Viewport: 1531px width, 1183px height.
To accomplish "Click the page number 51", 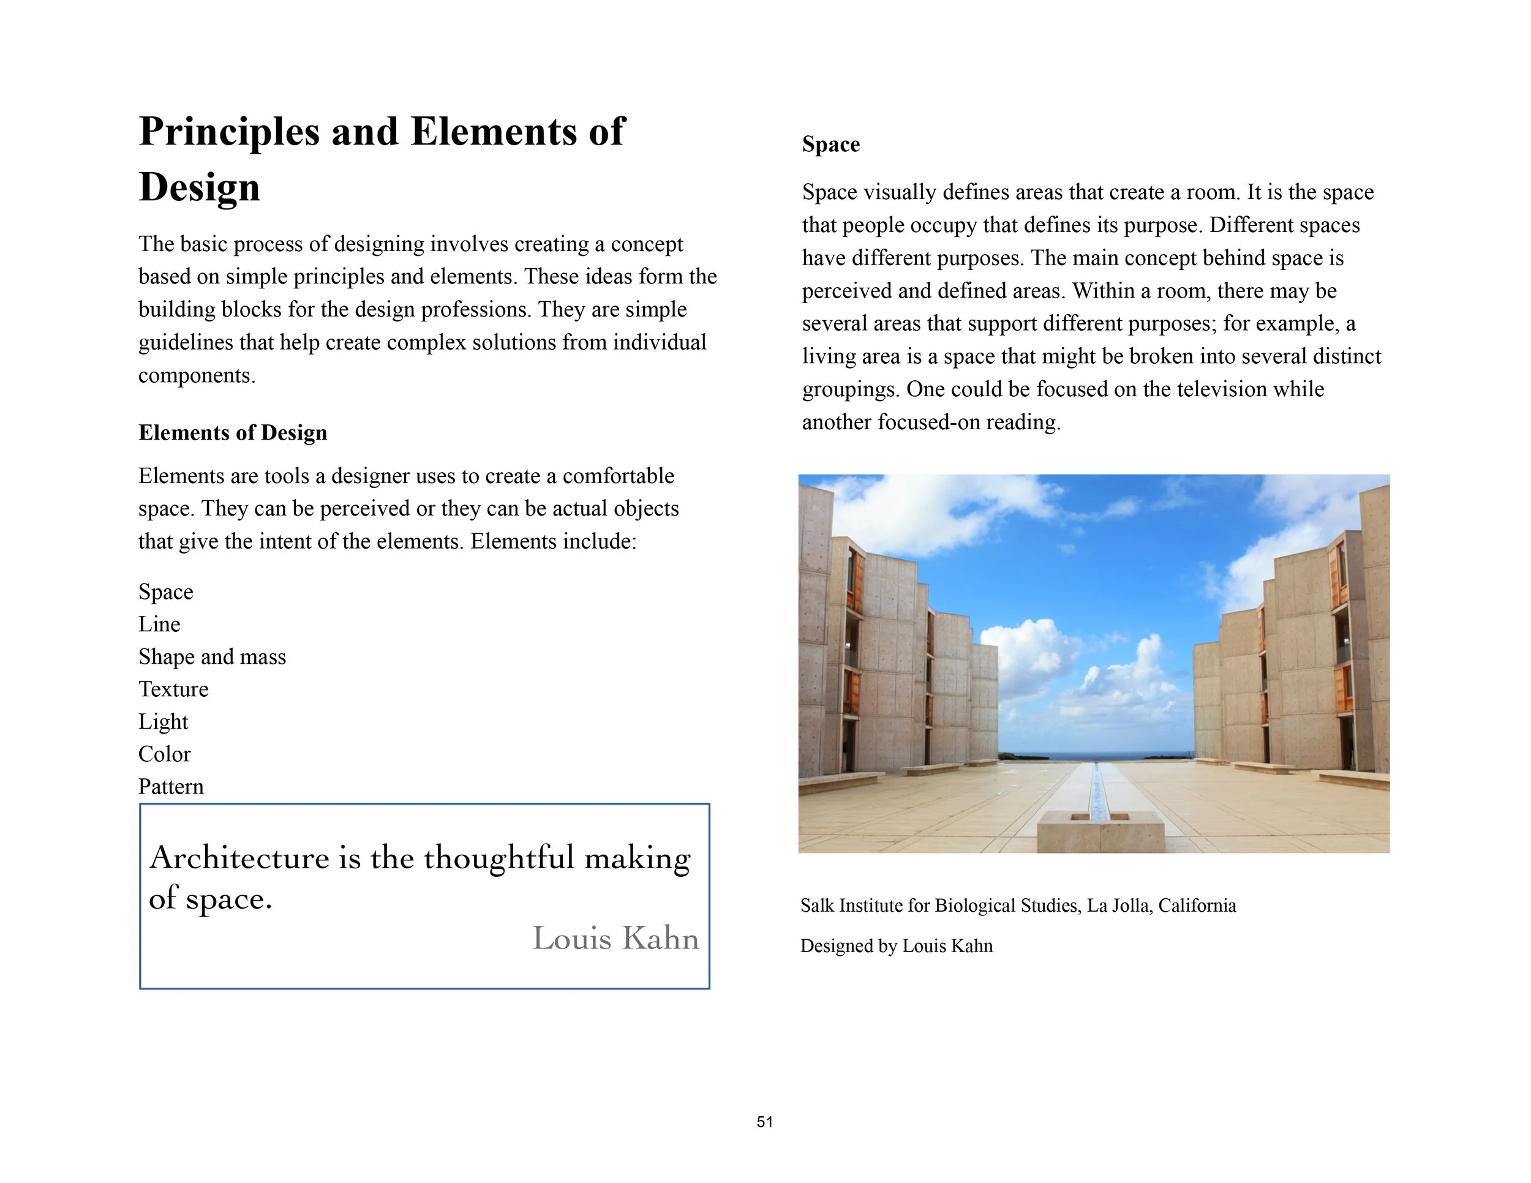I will click(x=765, y=1122).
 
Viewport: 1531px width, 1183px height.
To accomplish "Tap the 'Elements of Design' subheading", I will click(x=233, y=432).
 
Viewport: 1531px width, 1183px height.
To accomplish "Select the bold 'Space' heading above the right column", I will click(x=830, y=145).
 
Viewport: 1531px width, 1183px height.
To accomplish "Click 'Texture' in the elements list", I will click(x=173, y=689).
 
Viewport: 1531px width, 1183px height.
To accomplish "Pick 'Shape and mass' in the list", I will click(x=212, y=656).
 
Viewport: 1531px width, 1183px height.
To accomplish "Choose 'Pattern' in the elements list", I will click(x=171, y=786).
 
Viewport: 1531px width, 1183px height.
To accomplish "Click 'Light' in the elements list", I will click(x=163, y=721).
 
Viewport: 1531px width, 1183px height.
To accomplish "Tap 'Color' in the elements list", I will click(x=164, y=754).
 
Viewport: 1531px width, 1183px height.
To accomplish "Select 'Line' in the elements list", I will click(x=159, y=624).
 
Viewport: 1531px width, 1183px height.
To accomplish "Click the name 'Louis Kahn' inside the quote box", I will click(x=615, y=939).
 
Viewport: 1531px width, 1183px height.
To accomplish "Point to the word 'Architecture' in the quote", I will click(x=239, y=858).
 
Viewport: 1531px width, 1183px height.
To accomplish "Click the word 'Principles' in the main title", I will click(x=228, y=131).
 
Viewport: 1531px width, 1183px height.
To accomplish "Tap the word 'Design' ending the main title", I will click(x=199, y=187).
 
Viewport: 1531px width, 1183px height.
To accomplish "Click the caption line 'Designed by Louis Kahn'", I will click(x=896, y=946).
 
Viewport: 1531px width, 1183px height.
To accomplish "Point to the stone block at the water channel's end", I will click(x=1100, y=833).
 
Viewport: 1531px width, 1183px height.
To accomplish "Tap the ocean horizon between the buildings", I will click(x=1096, y=756).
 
